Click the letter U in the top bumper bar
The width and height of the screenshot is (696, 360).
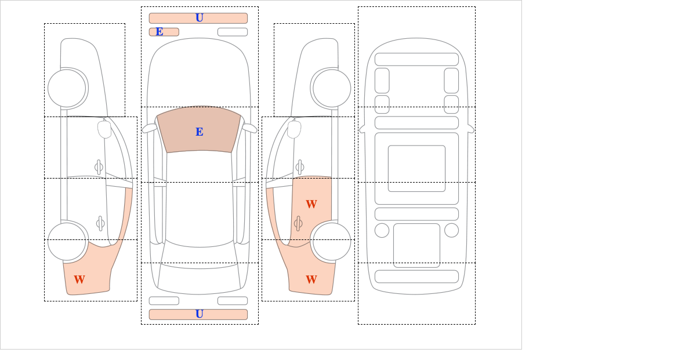point(200,18)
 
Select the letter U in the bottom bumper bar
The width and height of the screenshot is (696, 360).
point(200,314)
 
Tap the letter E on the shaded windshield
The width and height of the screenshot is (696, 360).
point(200,132)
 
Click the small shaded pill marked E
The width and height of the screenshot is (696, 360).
point(164,32)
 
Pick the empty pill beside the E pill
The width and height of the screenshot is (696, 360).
point(233,32)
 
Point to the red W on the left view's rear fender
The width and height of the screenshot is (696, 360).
point(79,279)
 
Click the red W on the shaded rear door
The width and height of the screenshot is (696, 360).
point(311,204)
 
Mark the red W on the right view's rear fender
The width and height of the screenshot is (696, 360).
point(311,279)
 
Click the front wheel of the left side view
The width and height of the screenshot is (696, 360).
point(67,89)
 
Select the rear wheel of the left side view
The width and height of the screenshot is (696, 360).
point(67,241)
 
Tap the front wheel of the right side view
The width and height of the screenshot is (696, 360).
point(332,89)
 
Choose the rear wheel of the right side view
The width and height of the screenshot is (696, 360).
point(332,241)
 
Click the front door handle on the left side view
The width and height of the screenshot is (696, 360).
point(99,168)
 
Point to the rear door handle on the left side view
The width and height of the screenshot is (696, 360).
point(100,223)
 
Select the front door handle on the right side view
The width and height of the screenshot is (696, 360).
point(300,168)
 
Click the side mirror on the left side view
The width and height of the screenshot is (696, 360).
point(104,129)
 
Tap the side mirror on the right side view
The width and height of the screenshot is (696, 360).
point(294,129)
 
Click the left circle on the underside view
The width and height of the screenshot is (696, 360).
point(382,231)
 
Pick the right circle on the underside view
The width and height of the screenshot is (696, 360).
point(451,231)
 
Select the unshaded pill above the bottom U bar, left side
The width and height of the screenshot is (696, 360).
point(164,301)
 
